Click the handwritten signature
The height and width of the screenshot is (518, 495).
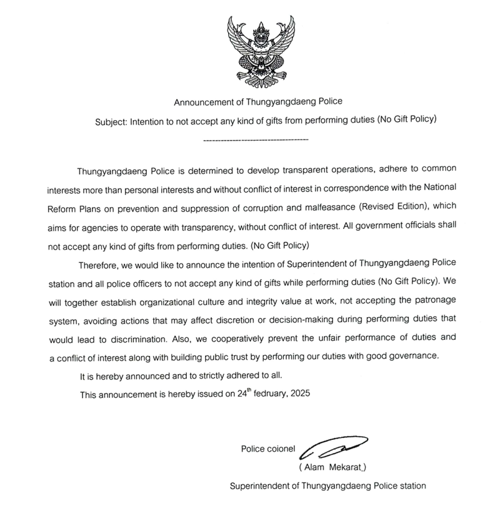[x=332, y=448]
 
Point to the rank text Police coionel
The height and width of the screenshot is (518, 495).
[x=268, y=448]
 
